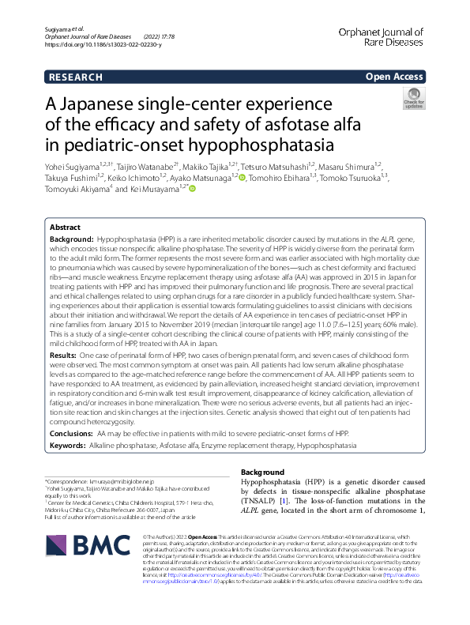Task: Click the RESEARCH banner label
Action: [75, 77]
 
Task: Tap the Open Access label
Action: [395, 77]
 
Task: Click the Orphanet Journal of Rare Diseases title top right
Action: [392, 38]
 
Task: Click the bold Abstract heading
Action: [66, 226]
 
